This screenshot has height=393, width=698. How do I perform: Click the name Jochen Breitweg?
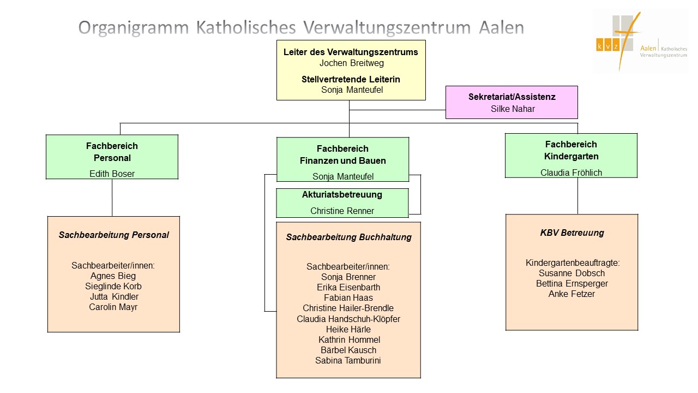click(x=351, y=63)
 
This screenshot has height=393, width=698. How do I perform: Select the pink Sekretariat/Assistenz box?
click(x=512, y=102)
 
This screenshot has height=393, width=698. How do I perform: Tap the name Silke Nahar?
click(x=512, y=109)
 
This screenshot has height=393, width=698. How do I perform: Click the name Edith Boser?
click(x=112, y=174)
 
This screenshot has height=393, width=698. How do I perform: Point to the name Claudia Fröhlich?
click(x=571, y=172)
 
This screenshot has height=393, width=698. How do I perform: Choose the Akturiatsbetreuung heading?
click(x=342, y=194)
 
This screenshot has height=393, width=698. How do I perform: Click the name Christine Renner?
click(x=342, y=211)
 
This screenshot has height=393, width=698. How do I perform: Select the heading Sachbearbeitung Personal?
click(x=113, y=235)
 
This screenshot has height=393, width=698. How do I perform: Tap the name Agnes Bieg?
click(x=113, y=276)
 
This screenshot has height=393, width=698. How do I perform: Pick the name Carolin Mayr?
click(x=113, y=307)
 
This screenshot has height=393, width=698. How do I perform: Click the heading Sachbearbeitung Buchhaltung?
click(x=348, y=237)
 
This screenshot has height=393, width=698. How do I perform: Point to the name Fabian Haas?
click(x=348, y=297)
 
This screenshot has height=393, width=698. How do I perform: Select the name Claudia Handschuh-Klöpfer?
click(x=348, y=319)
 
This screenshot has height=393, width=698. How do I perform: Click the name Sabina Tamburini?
click(x=348, y=360)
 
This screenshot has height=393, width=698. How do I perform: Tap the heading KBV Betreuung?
click(x=571, y=233)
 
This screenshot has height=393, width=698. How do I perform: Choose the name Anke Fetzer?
click(x=571, y=294)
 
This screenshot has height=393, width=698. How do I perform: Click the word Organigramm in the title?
click(x=132, y=28)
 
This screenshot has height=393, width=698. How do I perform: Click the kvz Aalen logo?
click(x=640, y=41)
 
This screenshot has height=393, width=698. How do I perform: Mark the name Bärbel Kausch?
click(x=348, y=350)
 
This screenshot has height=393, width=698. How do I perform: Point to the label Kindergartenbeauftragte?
click(x=572, y=263)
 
